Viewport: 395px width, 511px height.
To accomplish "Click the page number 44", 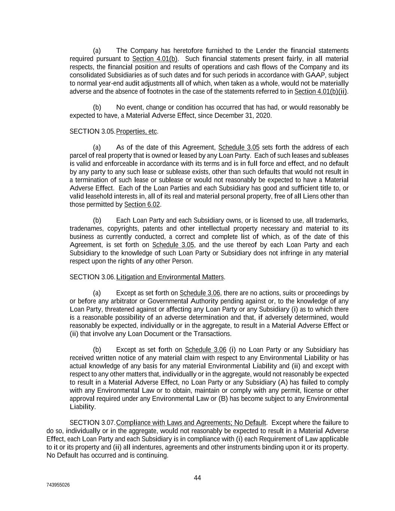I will (197, 478).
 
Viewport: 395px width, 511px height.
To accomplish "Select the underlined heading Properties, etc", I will (137, 131).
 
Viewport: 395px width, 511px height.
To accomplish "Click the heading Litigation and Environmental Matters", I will (170, 277).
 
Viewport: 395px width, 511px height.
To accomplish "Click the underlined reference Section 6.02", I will (142, 204).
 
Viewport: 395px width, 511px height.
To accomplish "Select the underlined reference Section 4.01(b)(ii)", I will (321, 91).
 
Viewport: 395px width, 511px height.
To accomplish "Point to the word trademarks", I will (332, 220).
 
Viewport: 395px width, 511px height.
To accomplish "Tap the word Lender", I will (267, 51).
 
